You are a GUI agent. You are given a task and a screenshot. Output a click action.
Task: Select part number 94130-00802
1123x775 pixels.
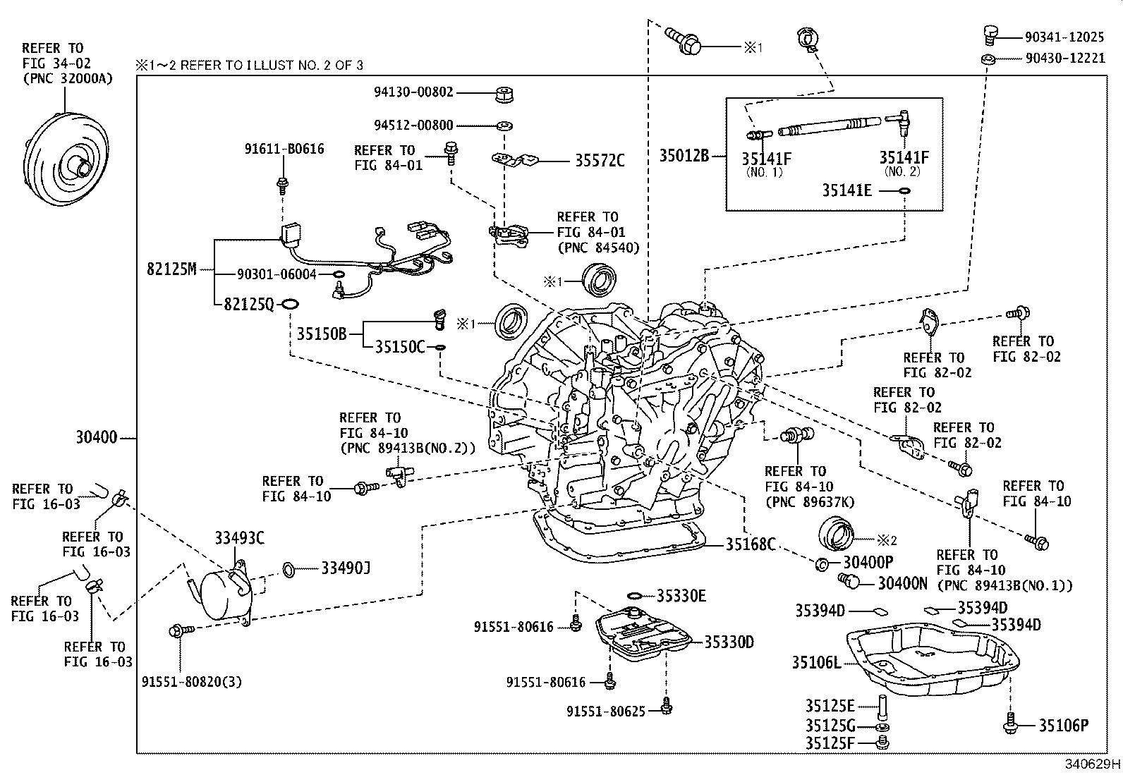(x=413, y=92)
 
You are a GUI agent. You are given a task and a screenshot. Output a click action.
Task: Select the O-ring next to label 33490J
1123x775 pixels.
(x=289, y=568)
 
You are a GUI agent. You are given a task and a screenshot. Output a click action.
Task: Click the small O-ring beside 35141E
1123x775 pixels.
(x=905, y=190)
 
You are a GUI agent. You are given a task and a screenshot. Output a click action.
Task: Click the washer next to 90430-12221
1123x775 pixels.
(x=988, y=59)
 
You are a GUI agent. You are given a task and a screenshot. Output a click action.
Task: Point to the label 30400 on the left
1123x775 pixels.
(x=97, y=438)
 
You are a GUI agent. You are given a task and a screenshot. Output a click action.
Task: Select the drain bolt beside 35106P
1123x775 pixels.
(x=1011, y=724)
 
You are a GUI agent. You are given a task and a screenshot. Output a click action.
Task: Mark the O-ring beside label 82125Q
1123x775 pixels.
(x=290, y=304)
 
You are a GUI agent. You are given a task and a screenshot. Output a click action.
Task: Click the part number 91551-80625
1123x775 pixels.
(x=605, y=712)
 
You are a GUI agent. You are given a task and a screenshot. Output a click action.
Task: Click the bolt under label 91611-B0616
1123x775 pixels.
(x=283, y=185)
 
